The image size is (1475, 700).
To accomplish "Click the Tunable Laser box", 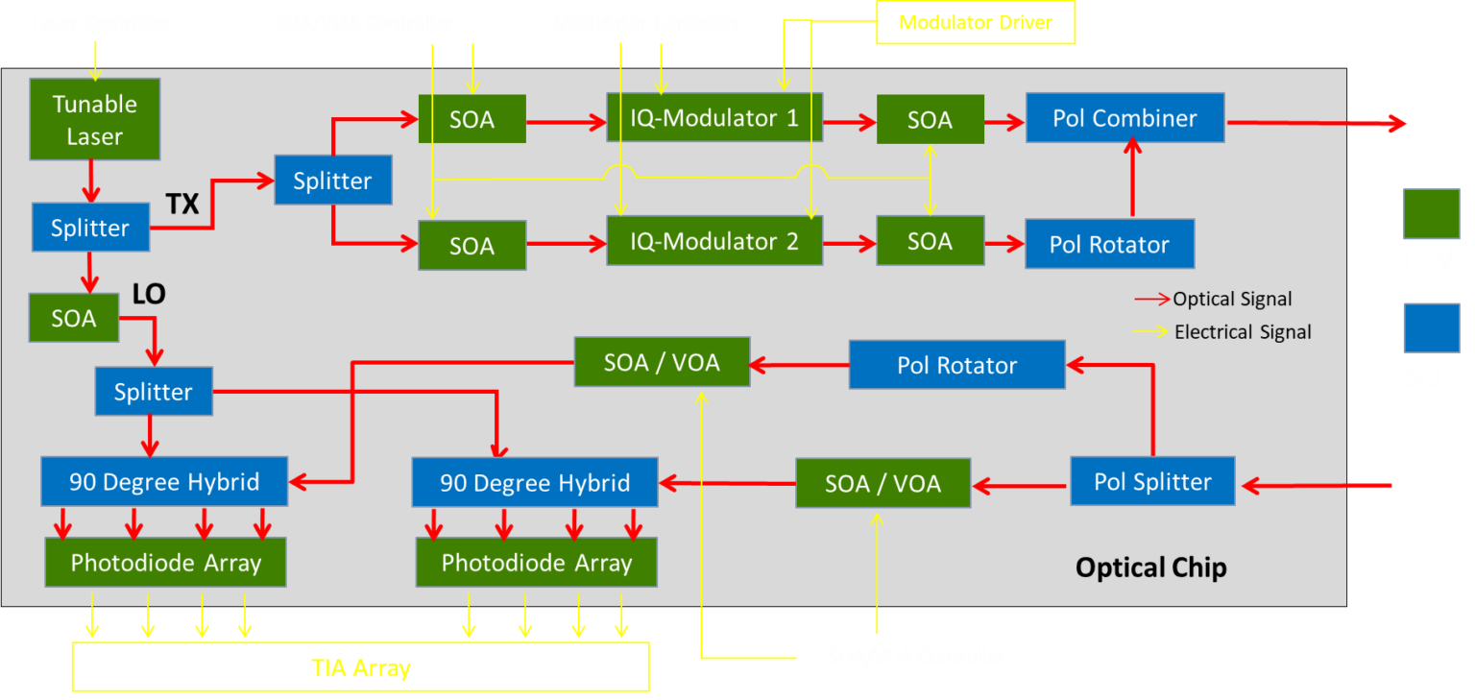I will tap(94, 119).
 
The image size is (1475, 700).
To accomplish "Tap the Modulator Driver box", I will tap(976, 22).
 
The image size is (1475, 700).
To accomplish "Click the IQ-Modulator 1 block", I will tap(713, 118).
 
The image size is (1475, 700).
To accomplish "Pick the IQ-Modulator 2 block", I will tap(713, 241).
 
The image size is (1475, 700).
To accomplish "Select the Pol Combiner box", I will tap(1124, 118).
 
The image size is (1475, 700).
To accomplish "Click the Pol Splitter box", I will tap(1151, 481).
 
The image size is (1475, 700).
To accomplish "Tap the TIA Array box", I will tap(360, 667).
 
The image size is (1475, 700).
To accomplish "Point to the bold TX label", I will tap(182, 204).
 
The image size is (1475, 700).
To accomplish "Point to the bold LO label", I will tap(149, 295).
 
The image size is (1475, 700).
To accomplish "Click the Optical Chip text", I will tap(1150, 567).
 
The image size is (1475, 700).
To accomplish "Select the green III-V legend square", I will tap(1431, 213).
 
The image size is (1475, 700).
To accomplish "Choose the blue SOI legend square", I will tap(1431, 328).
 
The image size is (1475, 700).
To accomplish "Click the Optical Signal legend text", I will tap(1232, 299).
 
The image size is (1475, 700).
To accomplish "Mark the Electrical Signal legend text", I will tap(1243, 332).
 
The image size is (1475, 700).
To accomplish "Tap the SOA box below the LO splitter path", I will tap(73, 318).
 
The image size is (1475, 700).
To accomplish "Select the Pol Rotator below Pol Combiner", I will tap(1109, 244).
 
